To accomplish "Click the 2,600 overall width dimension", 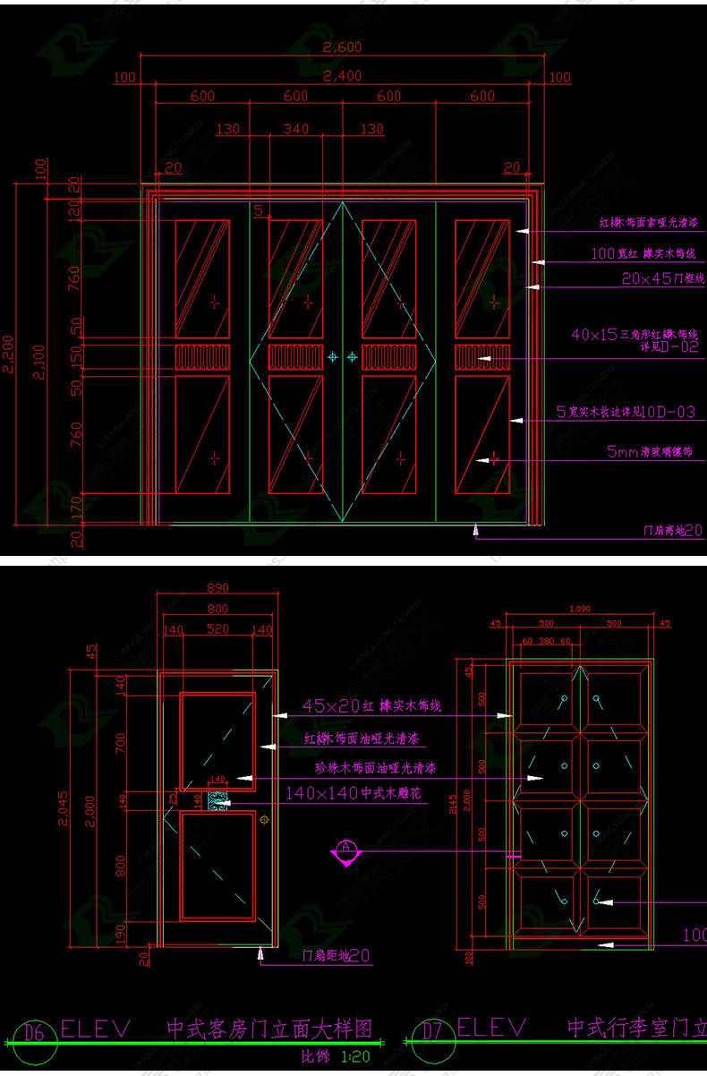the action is pos(342,47).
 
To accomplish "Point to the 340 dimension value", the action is pos(296,129).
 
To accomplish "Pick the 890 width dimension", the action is pos(217,588).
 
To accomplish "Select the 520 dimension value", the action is pos(217,629).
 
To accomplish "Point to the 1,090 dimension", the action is pos(580,609).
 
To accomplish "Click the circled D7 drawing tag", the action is pos(432,1032).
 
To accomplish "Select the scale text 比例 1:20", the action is pos(336,1056).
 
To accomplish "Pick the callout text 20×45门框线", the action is pos(663,279).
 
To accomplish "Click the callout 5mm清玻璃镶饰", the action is pos(650,452).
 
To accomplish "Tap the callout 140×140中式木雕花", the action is pos(353,793).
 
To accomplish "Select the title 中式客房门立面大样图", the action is pos(268,1029).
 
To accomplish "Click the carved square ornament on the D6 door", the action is pos(217,802).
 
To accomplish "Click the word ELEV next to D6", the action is pos(96,1028).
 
